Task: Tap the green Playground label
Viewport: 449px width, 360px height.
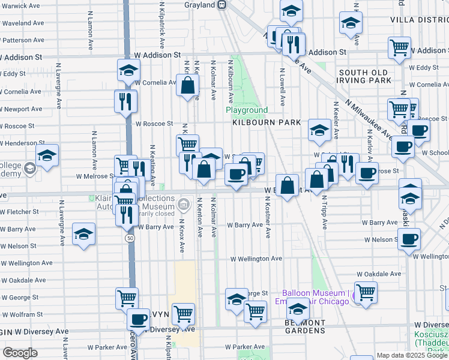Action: tap(247, 110)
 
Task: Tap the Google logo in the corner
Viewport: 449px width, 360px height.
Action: tap(20, 353)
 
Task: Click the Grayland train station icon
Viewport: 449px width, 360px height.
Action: tap(222, 5)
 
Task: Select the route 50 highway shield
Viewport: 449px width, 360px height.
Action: tap(130, 238)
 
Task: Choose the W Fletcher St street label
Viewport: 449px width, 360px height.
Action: tap(19, 212)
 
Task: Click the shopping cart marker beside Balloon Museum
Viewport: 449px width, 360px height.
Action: tap(366, 292)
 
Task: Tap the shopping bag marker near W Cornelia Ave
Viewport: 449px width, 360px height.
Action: tap(188, 85)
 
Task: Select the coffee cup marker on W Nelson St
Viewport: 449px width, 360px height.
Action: tap(409, 239)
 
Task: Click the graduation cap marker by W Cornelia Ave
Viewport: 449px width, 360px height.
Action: tap(128, 71)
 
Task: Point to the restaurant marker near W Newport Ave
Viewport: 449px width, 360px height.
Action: tap(125, 101)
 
